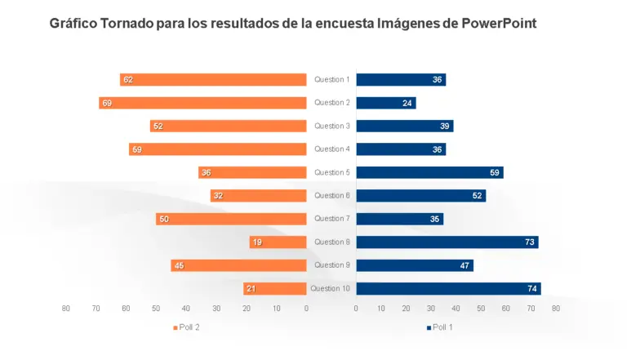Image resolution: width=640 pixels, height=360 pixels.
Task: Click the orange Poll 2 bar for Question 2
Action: point(202,103)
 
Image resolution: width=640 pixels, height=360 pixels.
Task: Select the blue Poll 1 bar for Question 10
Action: point(448,288)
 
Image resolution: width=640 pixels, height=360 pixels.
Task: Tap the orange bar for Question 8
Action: point(278,242)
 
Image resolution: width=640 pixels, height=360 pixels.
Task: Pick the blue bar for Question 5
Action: point(429,172)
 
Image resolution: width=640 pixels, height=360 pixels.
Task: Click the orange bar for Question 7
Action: point(231,219)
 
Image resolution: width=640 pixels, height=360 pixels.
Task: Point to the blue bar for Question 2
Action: point(386,103)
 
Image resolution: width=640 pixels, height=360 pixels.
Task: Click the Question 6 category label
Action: point(331,196)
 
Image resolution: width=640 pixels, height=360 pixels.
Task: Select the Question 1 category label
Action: point(331,80)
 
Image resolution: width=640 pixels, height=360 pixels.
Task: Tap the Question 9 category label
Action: point(331,265)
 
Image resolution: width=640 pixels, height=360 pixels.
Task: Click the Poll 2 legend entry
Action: point(187,327)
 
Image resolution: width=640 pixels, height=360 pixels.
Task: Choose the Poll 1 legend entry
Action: point(440,327)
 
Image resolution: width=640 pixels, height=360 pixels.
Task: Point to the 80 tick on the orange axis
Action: point(66,309)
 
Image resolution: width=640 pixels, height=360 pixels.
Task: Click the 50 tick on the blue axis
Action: point(481,309)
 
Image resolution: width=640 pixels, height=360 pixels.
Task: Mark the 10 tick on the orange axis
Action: point(277,309)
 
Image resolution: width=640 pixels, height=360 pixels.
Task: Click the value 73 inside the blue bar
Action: point(529,242)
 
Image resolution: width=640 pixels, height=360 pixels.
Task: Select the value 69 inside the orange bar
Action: point(107,104)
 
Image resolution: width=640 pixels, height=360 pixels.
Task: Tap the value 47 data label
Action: point(464,265)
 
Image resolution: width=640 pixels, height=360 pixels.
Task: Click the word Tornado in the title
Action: point(127,24)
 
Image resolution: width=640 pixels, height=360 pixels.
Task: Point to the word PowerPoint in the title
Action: point(499,24)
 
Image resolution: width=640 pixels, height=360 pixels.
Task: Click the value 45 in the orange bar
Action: point(179,265)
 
